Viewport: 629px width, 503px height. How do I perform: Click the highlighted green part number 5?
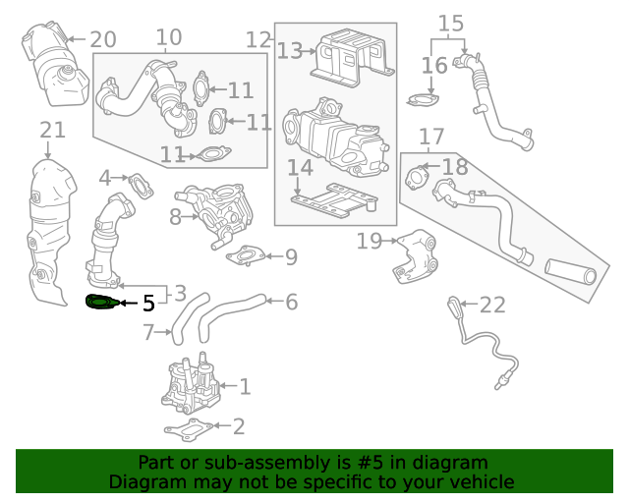pos(101,303)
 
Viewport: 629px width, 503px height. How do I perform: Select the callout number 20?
pos(102,40)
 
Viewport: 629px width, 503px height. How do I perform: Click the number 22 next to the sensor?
pos(492,305)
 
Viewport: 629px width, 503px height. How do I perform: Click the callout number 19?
pos(369,241)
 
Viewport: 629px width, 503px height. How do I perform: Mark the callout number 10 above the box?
pos(168,38)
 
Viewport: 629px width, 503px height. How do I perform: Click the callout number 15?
pos(450,23)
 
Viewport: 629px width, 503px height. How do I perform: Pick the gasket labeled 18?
pos(418,180)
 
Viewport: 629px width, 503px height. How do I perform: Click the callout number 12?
pos(258,40)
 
